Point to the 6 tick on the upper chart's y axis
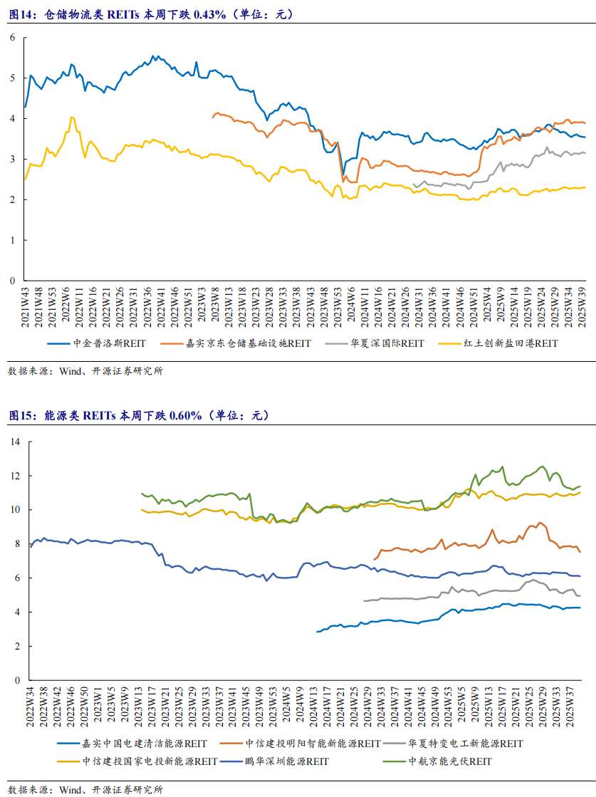pyautogui.click(x=12, y=37)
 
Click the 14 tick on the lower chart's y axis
pyautogui.click(x=14, y=442)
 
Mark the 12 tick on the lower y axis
pyautogui.click(x=14, y=476)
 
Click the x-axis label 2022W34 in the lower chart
pyautogui.click(x=31, y=707)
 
